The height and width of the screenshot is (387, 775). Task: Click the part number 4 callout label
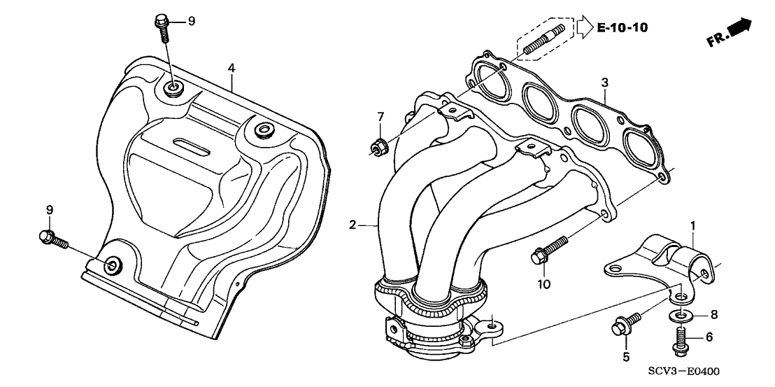coord(232,68)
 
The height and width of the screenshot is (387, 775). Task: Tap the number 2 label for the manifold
coord(354,225)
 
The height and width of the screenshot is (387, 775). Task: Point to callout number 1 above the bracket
coord(692,226)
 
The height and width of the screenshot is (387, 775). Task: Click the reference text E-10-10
coord(623,28)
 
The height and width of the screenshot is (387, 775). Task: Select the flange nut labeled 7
coord(378,147)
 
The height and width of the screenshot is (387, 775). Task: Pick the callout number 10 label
coord(545,284)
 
